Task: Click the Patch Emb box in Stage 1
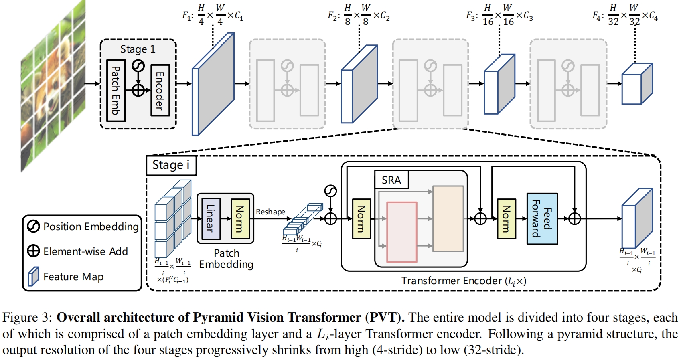116,90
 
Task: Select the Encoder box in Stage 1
160,90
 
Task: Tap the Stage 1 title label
138,49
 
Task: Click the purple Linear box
211,218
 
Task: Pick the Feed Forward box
542,218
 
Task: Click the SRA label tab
391,180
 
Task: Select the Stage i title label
171,165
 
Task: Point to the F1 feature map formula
213,16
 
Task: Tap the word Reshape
270,212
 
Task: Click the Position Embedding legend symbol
33,227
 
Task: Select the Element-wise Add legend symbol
33,251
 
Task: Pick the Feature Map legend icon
33,277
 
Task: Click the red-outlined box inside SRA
401,232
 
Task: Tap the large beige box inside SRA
448,218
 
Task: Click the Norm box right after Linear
240,218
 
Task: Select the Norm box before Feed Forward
506,218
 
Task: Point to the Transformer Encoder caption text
464,281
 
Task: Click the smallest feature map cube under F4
636,84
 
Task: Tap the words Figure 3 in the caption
27,318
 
